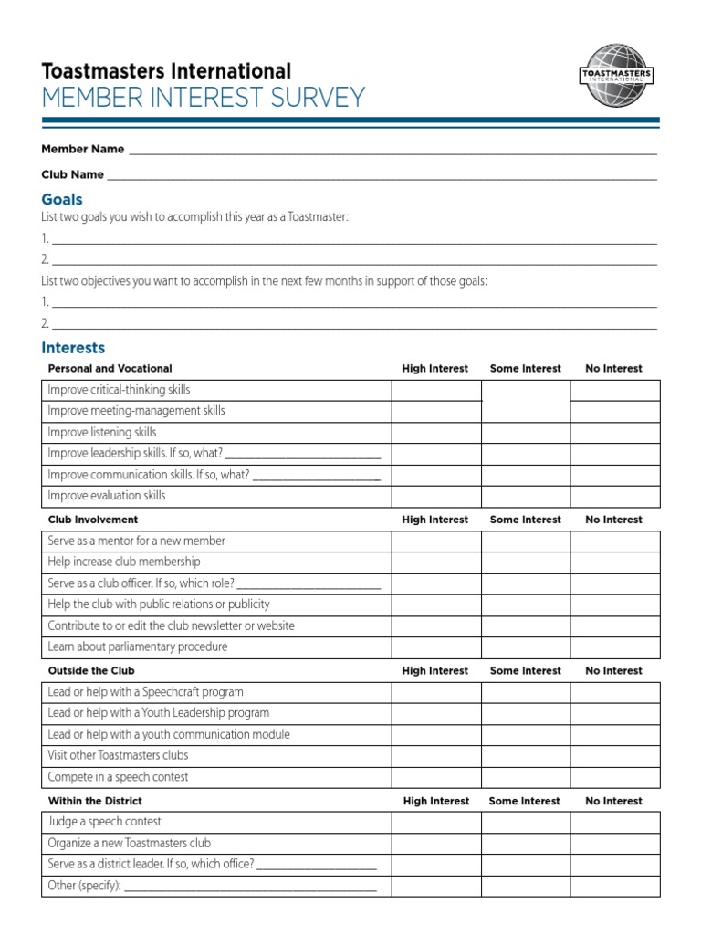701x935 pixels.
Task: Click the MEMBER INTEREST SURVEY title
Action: click(204, 98)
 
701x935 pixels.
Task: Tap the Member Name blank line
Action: click(392, 151)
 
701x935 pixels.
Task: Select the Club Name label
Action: click(72, 174)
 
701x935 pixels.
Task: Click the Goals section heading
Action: click(62, 199)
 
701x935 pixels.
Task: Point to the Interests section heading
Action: click(73, 348)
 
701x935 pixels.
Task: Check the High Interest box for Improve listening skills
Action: click(435, 433)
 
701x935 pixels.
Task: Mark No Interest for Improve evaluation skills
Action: click(614, 497)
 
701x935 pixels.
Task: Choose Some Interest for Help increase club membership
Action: click(525, 562)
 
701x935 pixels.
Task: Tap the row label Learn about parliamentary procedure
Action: click(138, 647)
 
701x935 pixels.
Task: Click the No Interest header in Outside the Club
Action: click(614, 670)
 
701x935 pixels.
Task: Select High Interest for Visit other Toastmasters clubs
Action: click(435, 756)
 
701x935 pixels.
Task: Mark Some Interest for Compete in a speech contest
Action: click(525, 778)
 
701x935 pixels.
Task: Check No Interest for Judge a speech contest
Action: click(614, 822)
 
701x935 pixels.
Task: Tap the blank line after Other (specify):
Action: click(250, 887)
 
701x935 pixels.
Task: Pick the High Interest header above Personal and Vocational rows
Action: click(435, 369)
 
